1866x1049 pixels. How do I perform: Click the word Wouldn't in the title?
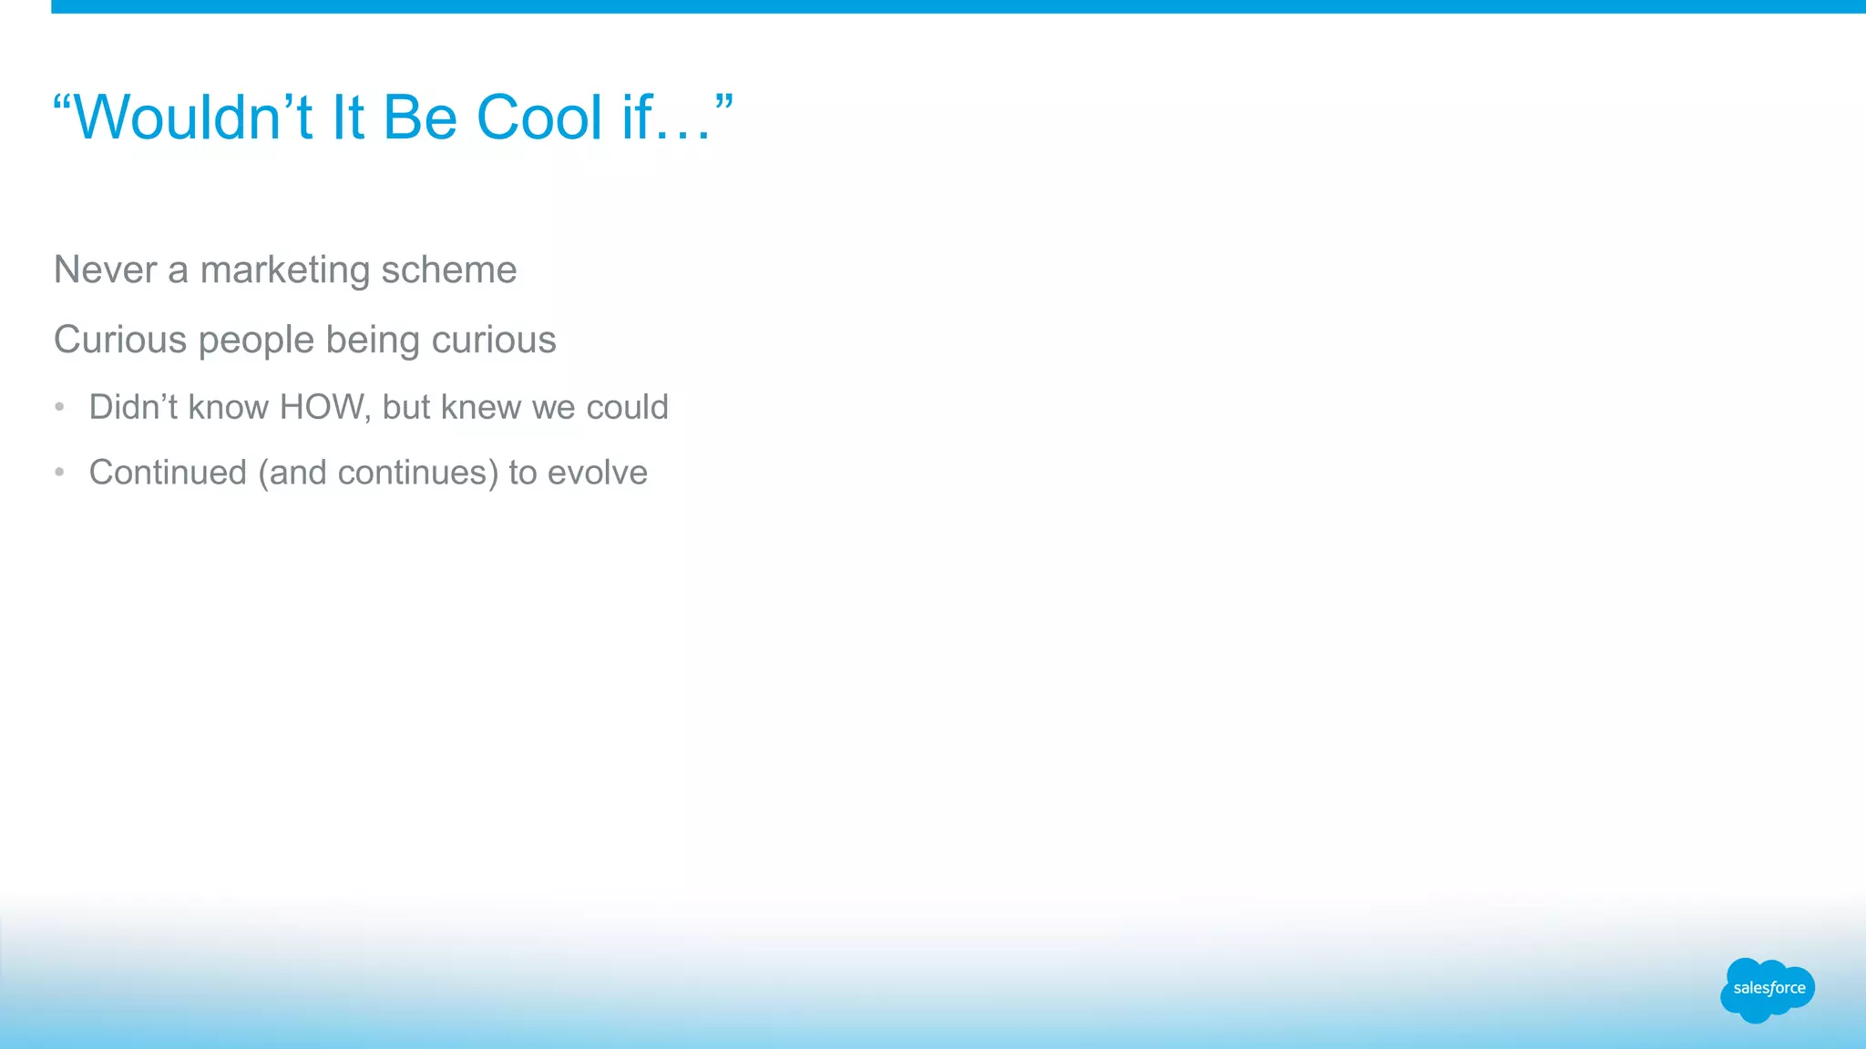point(191,118)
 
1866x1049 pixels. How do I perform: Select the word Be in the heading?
point(420,118)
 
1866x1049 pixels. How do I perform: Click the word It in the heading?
point(348,118)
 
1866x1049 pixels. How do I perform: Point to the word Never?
point(105,270)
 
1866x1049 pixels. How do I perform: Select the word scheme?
point(448,270)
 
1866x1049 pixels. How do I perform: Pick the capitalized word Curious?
point(120,341)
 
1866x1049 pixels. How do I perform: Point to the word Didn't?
point(133,408)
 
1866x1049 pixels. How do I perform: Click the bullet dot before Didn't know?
point(59,407)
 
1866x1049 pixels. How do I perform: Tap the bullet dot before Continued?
point(59,472)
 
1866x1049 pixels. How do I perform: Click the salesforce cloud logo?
point(1767,989)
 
